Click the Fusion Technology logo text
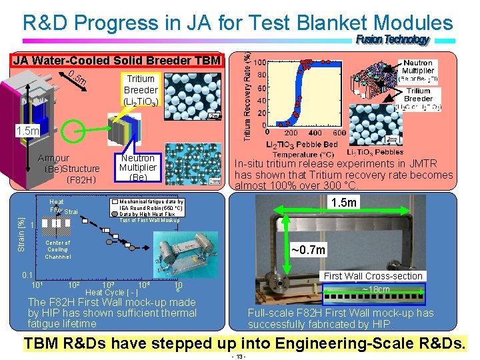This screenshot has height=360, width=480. click(x=393, y=40)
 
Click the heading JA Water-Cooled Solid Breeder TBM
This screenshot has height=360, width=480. click(x=116, y=61)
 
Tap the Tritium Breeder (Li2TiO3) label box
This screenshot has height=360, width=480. click(x=141, y=89)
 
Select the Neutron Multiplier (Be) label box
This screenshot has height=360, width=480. click(x=137, y=168)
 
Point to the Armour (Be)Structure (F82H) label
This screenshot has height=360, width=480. click(x=71, y=169)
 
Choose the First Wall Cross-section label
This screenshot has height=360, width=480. click(x=373, y=276)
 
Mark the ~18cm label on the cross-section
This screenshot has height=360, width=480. click(x=375, y=290)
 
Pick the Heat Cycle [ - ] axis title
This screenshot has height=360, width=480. click(x=112, y=293)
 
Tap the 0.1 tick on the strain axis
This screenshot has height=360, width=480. click(x=27, y=275)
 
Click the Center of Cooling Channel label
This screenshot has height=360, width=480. click(x=57, y=249)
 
